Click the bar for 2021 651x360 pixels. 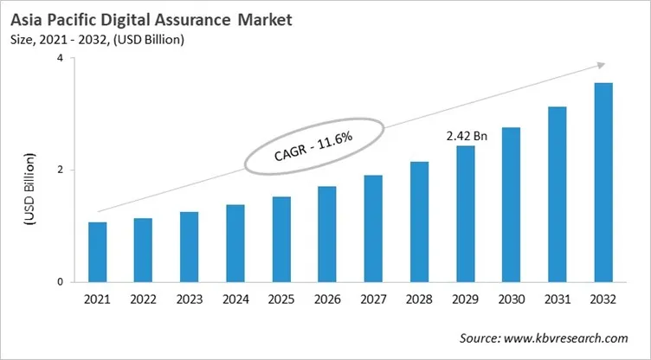click(x=97, y=252)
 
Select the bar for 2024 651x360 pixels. click(x=235, y=243)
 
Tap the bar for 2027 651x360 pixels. click(x=373, y=228)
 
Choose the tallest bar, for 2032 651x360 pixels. click(x=603, y=182)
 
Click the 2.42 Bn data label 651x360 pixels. click(x=466, y=136)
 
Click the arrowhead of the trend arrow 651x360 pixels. click(x=599, y=65)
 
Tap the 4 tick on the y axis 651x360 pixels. click(x=60, y=58)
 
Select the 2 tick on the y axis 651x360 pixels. click(x=60, y=170)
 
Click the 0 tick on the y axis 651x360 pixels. click(x=60, y=282)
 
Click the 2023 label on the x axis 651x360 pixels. click(x=190, y=301)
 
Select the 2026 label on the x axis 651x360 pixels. click(x=327, y=301)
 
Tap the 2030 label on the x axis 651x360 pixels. click(x=512, y=301)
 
